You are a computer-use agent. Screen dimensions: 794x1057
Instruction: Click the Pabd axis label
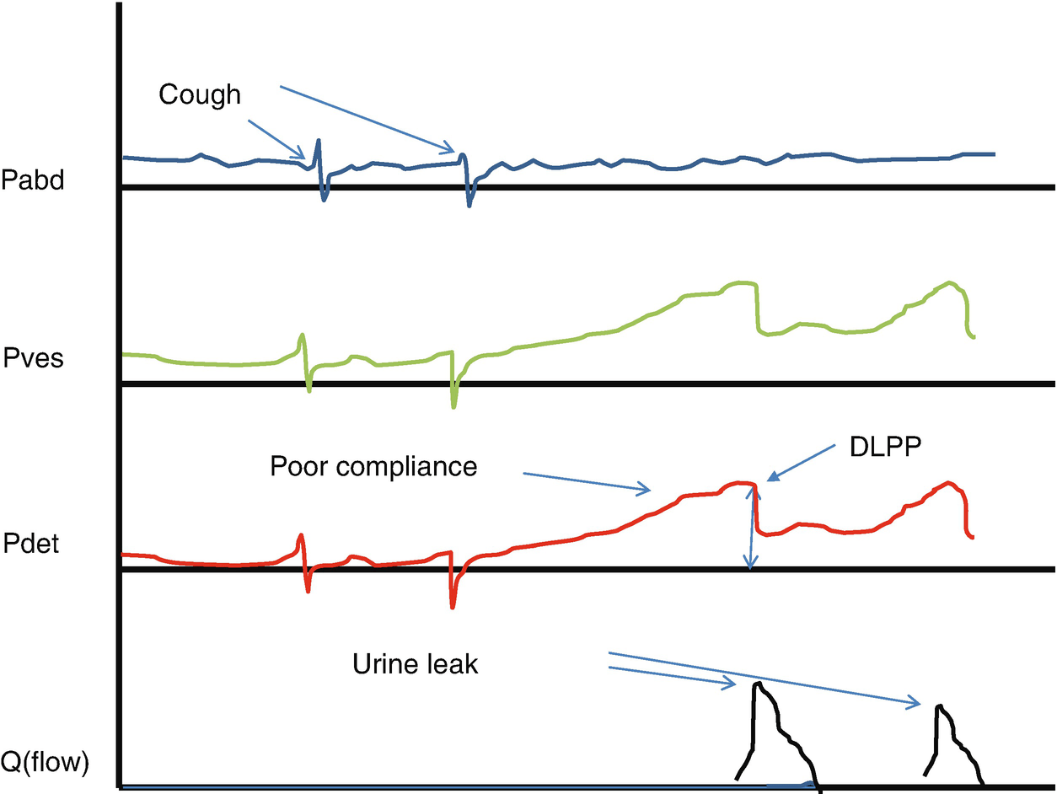coord(34,180)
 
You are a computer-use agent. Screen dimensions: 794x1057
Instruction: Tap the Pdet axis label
coord(30,544)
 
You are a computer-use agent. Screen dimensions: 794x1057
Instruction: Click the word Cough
coord(200,95)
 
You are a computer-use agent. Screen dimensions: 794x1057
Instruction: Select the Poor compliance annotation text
coord(373,466)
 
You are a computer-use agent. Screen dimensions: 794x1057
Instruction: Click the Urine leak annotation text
coord(415,664)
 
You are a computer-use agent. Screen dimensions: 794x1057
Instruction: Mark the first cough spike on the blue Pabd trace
coord(319,142)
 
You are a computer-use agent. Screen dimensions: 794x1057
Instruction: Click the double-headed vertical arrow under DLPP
coord(748,527)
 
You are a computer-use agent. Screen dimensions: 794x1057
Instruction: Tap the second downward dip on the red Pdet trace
coord(453,604)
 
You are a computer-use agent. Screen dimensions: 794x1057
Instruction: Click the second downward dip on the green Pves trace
coord(453,405)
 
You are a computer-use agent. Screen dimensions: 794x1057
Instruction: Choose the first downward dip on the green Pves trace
coord(309,389)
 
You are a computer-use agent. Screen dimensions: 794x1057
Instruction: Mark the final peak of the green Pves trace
coord(951,281)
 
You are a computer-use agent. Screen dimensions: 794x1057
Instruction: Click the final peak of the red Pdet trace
coord(949,483)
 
